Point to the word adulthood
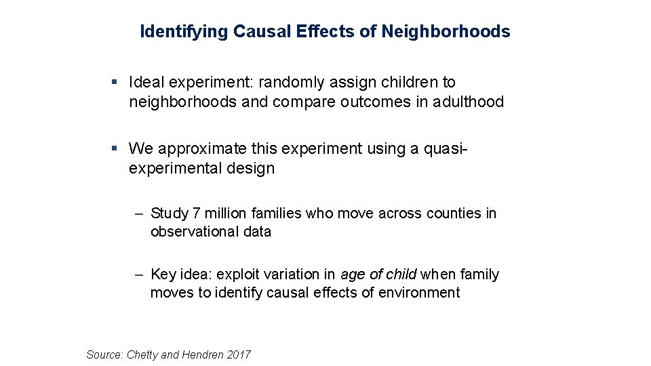tap(471, 102)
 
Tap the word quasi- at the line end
tap(447, 148)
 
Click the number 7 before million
tap(197, 213)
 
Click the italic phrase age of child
tap(378, 274)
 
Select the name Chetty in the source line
tap(143, 354)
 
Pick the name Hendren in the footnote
tap(203, 354)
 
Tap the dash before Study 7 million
tap(138, 213)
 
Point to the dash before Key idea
tap(138, 274)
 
